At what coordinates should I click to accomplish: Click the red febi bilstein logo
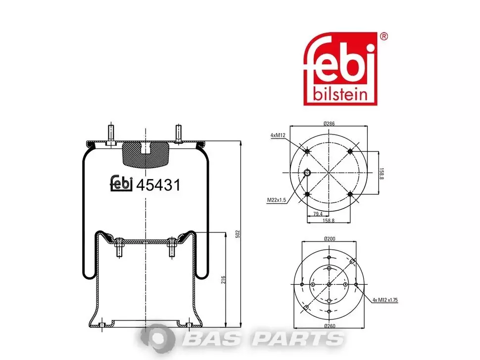click(x=340, y=69)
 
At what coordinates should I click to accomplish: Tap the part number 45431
click(x=158, y=185)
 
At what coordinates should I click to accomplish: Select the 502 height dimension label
click(x=238, y=234)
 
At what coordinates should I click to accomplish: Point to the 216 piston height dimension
click(x=223, y=279)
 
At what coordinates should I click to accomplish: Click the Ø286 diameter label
click(x=329, y=124)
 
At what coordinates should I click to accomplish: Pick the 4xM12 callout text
click(x=278, y=135)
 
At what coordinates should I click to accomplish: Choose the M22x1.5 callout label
click(x=277, y=200)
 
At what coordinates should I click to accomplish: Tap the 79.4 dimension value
click(x=318, y=214)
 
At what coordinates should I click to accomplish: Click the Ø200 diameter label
click(x=330, y=238)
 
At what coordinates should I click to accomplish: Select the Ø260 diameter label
click(x=330, y=326)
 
